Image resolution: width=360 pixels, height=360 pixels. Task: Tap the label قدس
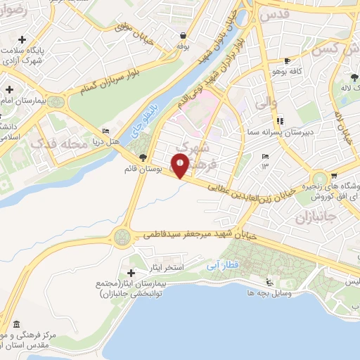[274, 15]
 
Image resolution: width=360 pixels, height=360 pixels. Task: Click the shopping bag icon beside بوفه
[183, 35]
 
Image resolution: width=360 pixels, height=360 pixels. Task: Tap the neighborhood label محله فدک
[56, 143]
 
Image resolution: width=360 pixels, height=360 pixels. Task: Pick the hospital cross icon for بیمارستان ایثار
[131, 273]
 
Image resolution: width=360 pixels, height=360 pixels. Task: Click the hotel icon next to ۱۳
[265, 157]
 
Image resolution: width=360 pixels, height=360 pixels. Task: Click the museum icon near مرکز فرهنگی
[16, 325]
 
